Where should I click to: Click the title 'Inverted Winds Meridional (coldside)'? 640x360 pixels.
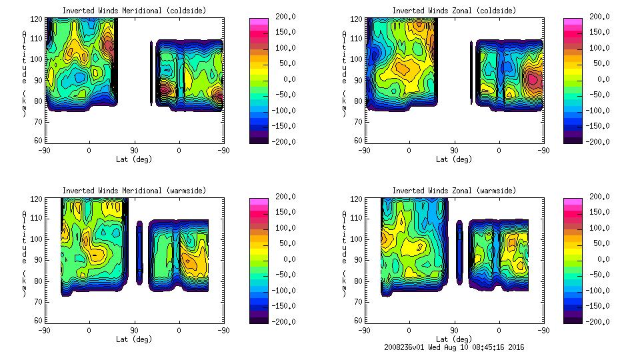click(x=134, y=11)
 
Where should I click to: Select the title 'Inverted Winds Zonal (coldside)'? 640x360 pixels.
click(x=454, y=11)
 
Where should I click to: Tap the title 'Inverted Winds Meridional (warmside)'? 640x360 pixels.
click(x=134, y=191)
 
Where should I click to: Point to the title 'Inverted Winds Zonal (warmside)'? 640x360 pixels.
click(x=454, y=191)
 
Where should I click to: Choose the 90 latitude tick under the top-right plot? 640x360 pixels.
click(x=454, y=151)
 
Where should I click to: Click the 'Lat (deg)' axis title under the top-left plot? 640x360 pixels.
click(x=134, y=159)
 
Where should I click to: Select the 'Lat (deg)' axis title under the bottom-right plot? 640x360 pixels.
click(x=454, y=339)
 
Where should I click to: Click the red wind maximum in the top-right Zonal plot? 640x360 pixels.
click(x=533, y=79)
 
